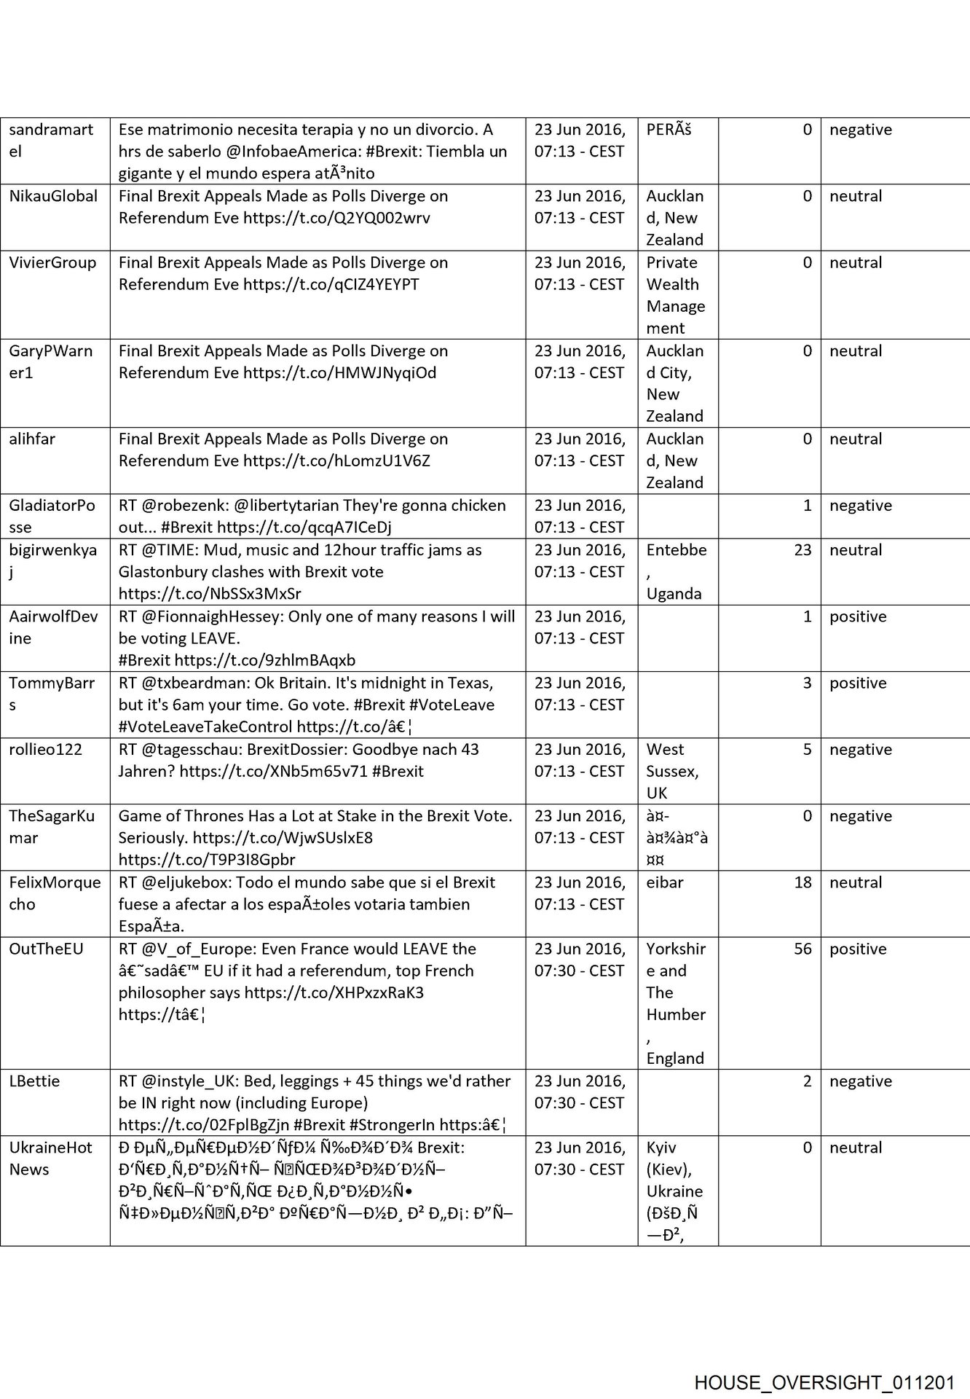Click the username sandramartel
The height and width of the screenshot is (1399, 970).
coord(51,141)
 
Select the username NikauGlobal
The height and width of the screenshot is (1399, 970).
coord(53,196)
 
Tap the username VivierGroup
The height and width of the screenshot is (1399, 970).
coord(52,262)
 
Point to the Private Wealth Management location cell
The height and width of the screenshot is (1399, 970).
coord(675,295)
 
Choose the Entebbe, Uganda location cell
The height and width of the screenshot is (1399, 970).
coord(676,571)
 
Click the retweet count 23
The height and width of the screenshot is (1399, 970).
coord(803,550)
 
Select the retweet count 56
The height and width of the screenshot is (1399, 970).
coord(803,949)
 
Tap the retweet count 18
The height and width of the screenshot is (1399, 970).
coord(803,882)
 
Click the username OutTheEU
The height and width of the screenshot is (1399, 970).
coord(46,949)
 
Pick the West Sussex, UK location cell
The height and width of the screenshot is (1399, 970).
coord(672,771)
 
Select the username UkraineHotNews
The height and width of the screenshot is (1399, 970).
coord(50,1158)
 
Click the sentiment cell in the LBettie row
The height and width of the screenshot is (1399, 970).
coord(860,1081)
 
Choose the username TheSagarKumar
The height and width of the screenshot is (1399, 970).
coord(52,826)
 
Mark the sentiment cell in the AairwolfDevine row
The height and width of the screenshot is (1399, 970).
coord(858,616)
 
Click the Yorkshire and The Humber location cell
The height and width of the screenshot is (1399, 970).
coord(675,1003)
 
